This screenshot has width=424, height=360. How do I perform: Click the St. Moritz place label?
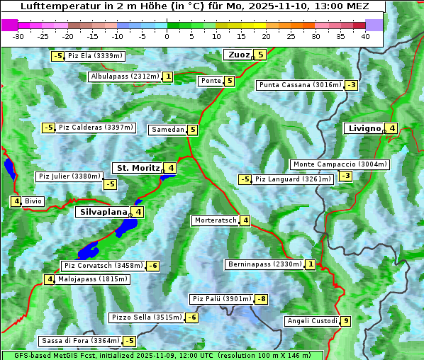pos(138,168)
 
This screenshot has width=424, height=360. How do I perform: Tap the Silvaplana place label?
pos(103,211)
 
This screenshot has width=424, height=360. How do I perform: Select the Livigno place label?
pos(364,128)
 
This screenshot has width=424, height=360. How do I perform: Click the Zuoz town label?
pos(238,55)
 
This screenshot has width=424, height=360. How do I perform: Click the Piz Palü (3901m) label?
pos(221,299)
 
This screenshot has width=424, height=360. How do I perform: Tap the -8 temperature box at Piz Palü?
pos(262,299)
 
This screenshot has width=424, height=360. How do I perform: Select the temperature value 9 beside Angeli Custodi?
pos(345,321)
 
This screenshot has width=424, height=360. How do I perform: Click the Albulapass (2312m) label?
pos(125,77)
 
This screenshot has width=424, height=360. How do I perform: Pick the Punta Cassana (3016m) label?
pos(299,85)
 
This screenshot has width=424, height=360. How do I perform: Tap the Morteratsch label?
pos(215,220)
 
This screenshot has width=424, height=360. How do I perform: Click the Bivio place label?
pos(33,201)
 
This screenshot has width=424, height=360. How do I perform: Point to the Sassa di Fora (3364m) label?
pos(80,341)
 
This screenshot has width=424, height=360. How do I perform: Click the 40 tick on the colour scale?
pos(365,36)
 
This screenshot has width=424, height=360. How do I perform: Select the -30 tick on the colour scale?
pos(18,36)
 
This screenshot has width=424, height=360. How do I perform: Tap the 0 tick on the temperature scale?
pos(167,36)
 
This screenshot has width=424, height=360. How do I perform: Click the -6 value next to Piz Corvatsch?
pos(152,266)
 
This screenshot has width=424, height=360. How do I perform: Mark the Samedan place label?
pos(167,130)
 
